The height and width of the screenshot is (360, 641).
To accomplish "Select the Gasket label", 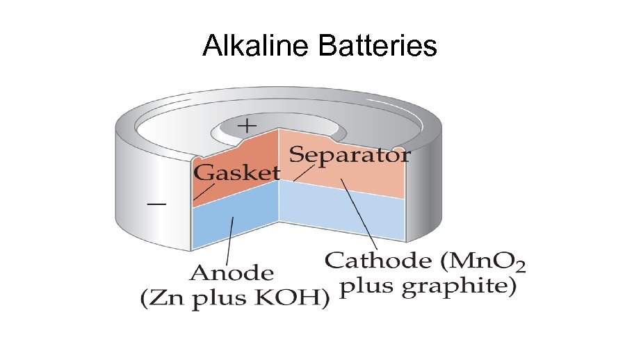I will coord(236,172).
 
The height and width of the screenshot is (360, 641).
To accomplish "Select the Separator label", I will coord(349,154).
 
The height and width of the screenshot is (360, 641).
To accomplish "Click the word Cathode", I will coord(375,261).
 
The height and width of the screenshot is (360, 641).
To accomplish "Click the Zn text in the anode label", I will coord(164,300).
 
